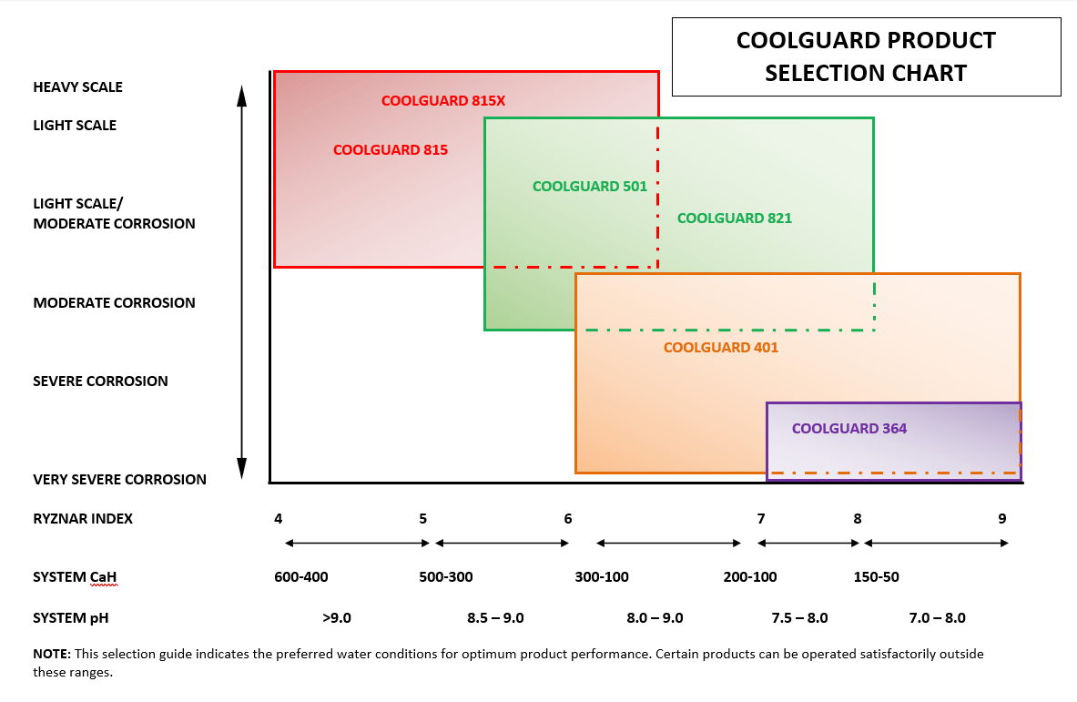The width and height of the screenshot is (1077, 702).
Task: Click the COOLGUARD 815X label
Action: pos(442,101)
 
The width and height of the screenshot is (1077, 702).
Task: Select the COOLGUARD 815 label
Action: pos(390,150)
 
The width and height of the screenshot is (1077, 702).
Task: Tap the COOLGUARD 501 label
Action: pos(589,187)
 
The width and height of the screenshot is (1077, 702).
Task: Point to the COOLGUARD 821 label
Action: pos(734,219)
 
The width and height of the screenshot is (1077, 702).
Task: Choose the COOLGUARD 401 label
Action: pos(720,348)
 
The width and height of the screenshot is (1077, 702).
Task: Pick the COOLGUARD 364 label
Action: pos(848,429)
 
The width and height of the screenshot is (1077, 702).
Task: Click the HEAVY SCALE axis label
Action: pos(77,87)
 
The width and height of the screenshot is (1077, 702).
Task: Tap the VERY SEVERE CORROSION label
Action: pos(119,480)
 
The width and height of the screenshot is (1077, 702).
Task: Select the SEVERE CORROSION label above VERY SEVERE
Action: pos(100,382)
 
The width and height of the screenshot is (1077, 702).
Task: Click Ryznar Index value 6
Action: pos(568,519)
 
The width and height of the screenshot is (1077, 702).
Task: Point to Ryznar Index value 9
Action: pos(1001,519)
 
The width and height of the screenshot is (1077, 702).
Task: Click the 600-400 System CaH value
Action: pos(300,577)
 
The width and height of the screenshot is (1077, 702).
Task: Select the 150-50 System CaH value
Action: pos(876,577)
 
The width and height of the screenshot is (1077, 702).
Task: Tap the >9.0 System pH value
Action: pos(336,618)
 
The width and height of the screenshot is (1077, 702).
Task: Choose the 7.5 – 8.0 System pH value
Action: pos(799,618)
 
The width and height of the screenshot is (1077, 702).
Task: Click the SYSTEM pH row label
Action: pos(70,618)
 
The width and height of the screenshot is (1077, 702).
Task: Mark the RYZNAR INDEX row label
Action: pos(83,519)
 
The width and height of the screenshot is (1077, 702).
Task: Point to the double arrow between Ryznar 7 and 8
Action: pos(808,544)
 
